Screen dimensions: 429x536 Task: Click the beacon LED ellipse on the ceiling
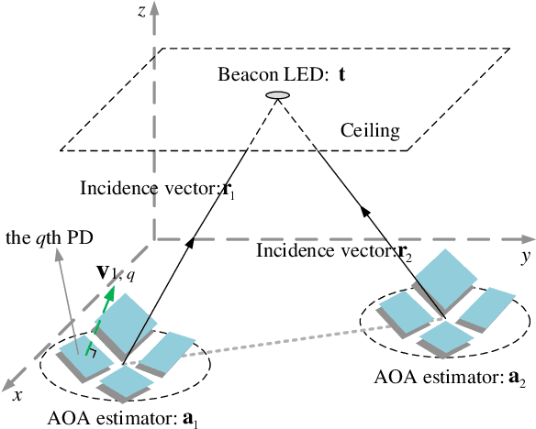click(276, 95)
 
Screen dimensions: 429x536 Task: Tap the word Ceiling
click(370, 130)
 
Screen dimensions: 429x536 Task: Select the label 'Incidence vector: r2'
click(328, 249)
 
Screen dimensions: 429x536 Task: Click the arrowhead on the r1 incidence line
click(193, 241)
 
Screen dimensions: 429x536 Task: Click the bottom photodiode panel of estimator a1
click(126, 379)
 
